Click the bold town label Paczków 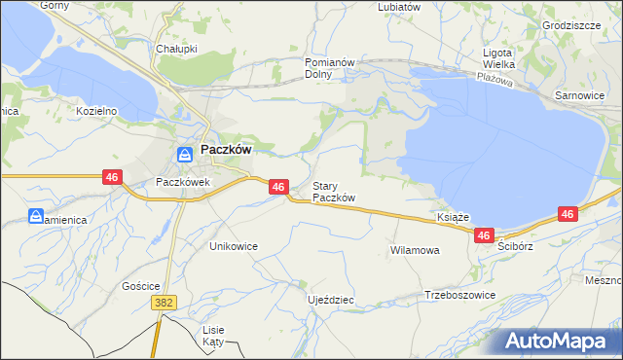pos(227,151)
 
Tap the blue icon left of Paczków pos(184,153)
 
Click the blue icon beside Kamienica pos(36,216)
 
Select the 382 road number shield pos(164,304)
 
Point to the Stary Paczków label pos(333,192)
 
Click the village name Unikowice pos(234,246)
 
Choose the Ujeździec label pos(330,300)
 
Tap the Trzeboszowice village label pos(460,295)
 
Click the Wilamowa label pos(415,250)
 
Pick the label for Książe pos(454,218)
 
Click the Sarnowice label pos(579,97)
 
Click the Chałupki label pos(176,48)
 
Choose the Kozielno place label pos(96,111)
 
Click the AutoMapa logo pos(558,341)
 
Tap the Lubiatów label pos(398,6)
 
